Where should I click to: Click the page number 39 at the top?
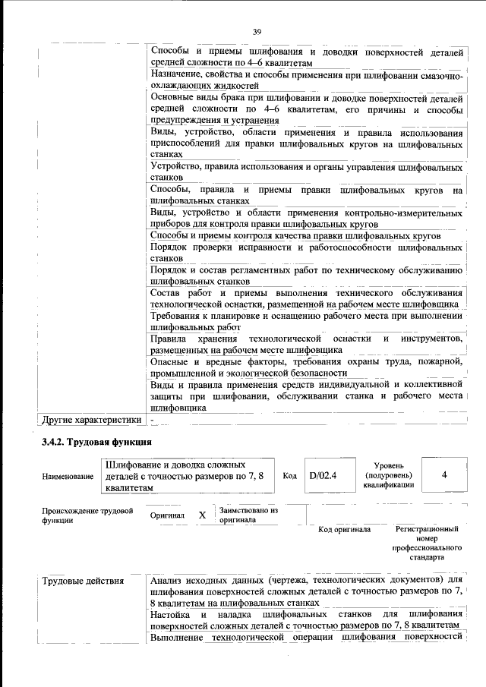click(257, 31)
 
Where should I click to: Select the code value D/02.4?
click(323, 476)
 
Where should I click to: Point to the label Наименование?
click(68, 477)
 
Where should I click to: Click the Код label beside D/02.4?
click(289, 476)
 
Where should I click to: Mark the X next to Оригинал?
click(202, 515)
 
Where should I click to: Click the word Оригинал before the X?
click(168, 515)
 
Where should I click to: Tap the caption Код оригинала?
click(344, 530)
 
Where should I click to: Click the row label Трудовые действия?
click(83, 581)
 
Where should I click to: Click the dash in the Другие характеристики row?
click(153, 419)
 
